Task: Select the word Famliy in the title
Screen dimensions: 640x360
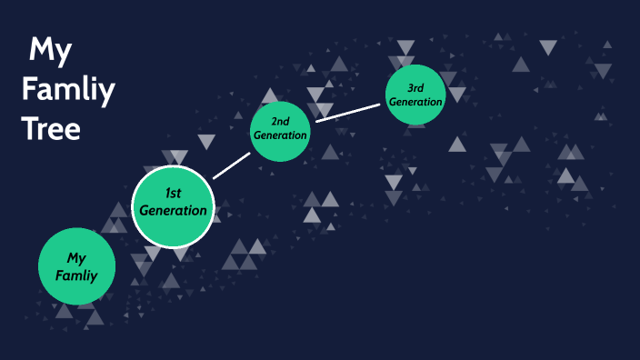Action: pyautogui.click(x=67, y=89)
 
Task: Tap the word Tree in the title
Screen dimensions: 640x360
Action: pyautogui.click(x=51, y=128)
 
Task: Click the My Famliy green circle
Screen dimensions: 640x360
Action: pyautogui.click(x=76, y=265)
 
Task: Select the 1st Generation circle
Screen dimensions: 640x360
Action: pyautogui.click(x=173, y=207)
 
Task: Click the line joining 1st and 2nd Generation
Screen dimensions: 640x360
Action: pyautogui.click(x=231, y=165)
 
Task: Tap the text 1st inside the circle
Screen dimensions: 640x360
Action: pyautogui.click(x=173, y=193)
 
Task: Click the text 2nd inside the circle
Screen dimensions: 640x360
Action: pyautogui.click(x=281, y=120)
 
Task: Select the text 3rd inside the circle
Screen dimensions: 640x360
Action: pyautogui.click(x=415, y=87)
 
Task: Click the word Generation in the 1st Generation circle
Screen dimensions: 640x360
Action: pyautogui.click(x=174, y=211)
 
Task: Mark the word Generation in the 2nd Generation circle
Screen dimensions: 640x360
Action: pyautogui.click(x=281, y=135)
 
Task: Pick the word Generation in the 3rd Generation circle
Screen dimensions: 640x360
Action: pyautogui.click(x=415, y=102)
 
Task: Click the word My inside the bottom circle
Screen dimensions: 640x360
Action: pyautogui.click(x=76, y=257)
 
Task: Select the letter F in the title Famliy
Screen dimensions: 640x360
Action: pyautogui.click(x=29, y=89)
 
